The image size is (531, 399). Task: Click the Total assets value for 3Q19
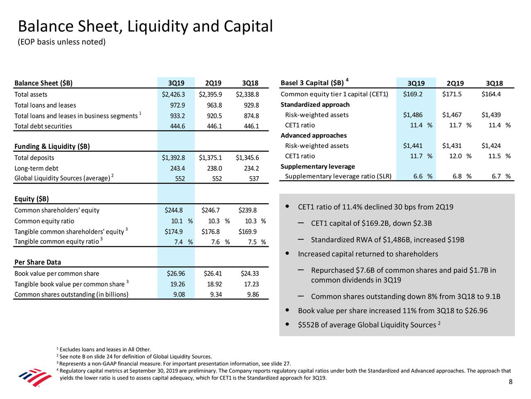pyautogui.click(x=173, y=94)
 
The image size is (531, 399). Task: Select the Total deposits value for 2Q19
pyautogui.click(x=210, y=158)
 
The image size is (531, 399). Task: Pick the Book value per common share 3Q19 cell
pyautogui.click(x=176, y=273)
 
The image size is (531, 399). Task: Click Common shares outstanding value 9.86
pyautogui.click(x=251, y=295)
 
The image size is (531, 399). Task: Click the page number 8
pyautogui.click(x=511, y=382)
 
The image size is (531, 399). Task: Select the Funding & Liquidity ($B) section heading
pyautogui.click(x=52, y=146)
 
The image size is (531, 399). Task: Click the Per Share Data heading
pyautogui.click(x=38, y=262)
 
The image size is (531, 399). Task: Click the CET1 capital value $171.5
pyautogui.click(x=452, y=94)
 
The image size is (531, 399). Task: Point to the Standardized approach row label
pyautogui.click(x=315, y=104)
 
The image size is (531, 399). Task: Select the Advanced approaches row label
pyautogui.click(x=314, y=135)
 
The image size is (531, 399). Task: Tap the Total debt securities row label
pyautogui.click(x=43, y=126)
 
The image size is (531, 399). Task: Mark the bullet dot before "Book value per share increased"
pyautogui.click(x=287, y=310)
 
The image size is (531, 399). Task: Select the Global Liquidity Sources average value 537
pyautogui.click(x=253, y=179)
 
